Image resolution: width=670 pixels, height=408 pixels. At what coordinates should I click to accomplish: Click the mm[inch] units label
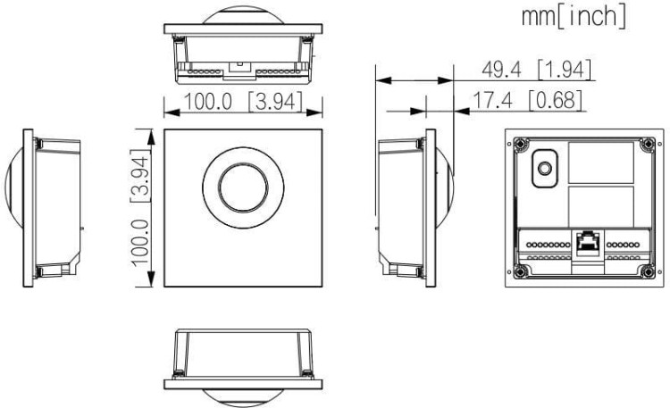574,16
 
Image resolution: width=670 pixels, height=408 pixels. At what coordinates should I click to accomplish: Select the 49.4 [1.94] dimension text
536,70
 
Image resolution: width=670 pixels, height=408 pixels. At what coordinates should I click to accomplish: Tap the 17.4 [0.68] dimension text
527,100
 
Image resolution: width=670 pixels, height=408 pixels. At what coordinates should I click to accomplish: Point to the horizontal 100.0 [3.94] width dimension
243,102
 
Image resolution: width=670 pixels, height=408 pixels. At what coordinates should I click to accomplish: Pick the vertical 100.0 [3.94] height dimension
140,208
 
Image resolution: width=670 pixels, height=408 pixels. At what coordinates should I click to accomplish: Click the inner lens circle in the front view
243,187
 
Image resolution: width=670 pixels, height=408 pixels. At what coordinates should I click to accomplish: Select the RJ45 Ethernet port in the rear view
588,243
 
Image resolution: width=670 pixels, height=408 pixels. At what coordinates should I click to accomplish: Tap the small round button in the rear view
544,169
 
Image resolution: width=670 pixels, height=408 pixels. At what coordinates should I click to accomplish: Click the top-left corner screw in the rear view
520,145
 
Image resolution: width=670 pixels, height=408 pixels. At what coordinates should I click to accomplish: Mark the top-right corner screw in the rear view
648,145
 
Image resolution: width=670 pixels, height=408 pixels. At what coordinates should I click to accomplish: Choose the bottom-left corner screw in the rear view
520,271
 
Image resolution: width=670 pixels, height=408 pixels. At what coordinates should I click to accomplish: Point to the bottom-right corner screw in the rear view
648,271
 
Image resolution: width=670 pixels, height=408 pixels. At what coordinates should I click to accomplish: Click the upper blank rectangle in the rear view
601,162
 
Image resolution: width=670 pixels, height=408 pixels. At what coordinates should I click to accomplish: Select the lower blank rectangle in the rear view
601,206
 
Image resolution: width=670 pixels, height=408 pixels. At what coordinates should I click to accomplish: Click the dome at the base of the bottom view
243,396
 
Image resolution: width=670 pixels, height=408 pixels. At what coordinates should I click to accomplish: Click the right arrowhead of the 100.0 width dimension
314,112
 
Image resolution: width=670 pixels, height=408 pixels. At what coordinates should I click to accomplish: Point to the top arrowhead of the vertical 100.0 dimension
151,137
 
